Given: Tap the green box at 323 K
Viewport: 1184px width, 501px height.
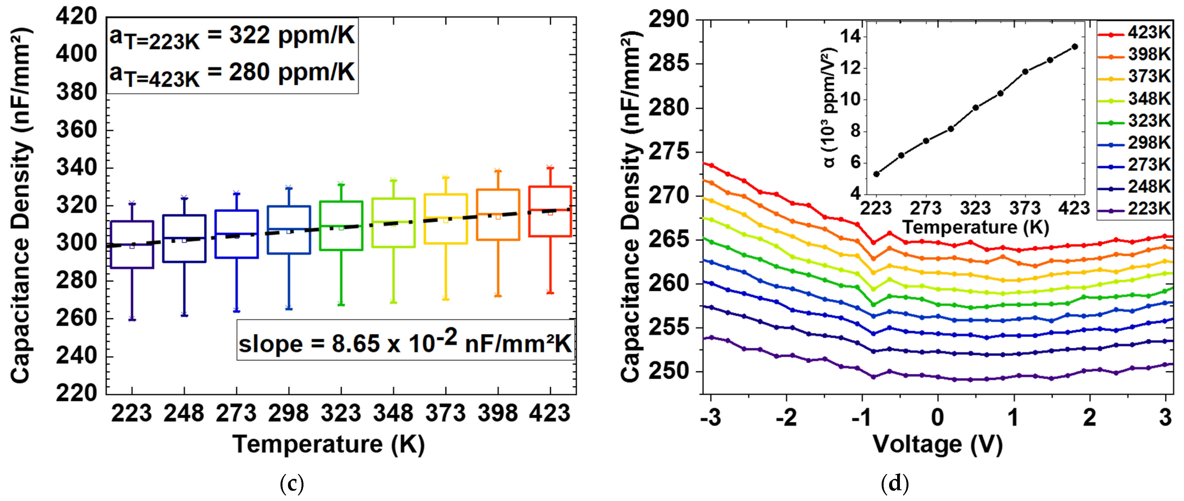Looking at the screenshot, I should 341,226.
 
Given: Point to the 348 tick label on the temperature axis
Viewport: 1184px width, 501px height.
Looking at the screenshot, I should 393,413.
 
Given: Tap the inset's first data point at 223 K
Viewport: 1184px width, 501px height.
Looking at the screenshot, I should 876,174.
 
